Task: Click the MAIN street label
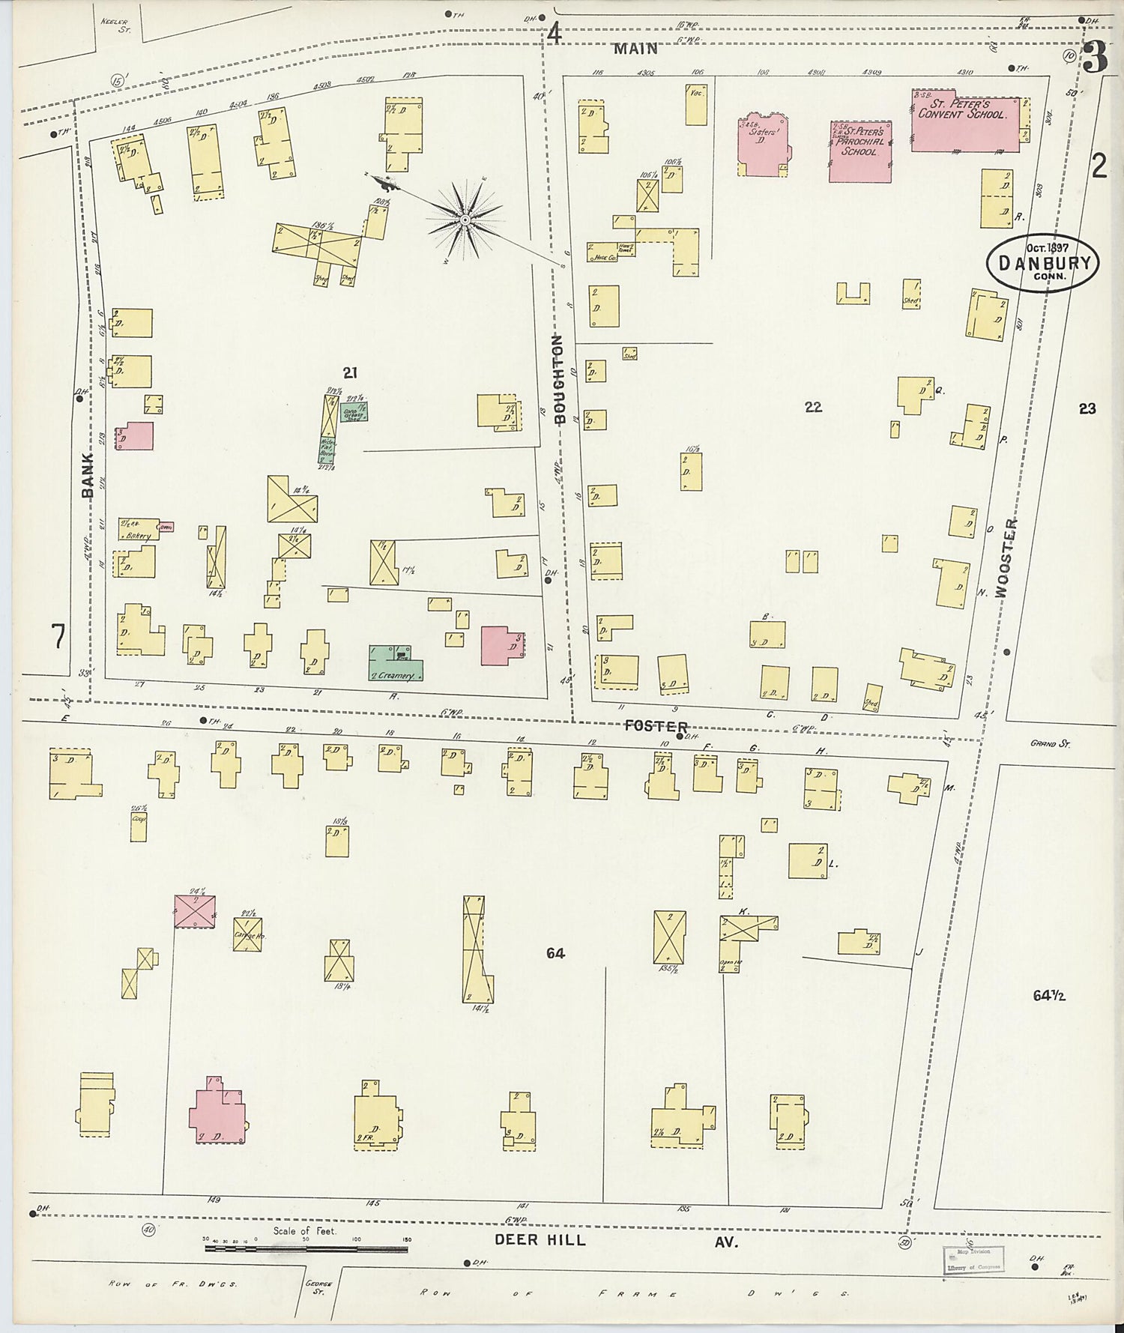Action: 635,49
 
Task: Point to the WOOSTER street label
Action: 1006,557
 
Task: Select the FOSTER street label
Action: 656,726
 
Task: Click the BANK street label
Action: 88,475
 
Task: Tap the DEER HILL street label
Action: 540,1240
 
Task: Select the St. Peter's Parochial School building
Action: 859,151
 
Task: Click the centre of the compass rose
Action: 465,220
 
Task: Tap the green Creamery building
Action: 396,663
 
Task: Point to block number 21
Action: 350,372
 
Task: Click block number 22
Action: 813,407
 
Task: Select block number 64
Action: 555,953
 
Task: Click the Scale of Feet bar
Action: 306,1249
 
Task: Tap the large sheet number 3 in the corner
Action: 1096,56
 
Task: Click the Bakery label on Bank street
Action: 139,535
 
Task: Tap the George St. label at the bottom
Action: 318,1287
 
